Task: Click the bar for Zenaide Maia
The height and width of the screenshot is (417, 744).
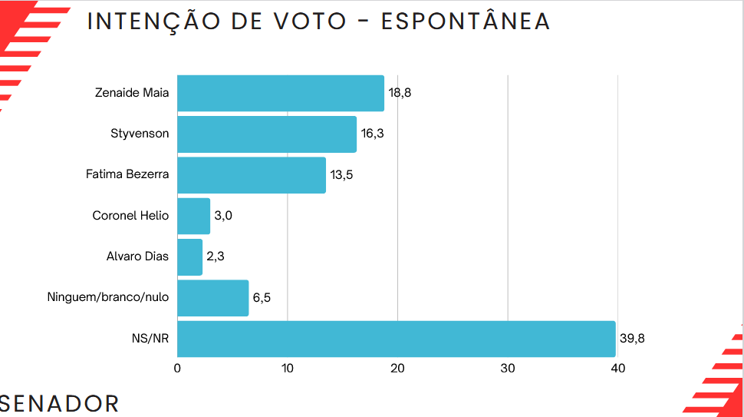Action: pos(280,93)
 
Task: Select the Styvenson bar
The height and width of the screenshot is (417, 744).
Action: pos(267,134)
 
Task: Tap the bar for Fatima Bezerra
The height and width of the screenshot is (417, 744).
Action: pos(252,175)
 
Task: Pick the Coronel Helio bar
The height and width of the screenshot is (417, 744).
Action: pos(193,216)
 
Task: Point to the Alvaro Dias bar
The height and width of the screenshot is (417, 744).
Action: pos(189,257)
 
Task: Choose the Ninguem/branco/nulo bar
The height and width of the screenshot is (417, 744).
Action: pos(213,298)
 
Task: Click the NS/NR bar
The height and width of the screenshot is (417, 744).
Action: pos(396,339)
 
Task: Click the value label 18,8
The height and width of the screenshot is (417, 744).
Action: pos(400,93)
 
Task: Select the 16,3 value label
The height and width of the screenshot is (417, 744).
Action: pos(372,134)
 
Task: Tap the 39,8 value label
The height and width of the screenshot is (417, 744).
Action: pos(631,339)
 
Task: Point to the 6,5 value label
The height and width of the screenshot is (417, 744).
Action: pos(262,298)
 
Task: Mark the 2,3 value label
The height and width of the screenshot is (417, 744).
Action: pos(215,257)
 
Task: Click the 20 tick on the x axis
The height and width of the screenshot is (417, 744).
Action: pos(397,369)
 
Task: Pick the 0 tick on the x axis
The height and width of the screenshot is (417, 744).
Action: pos(177,369)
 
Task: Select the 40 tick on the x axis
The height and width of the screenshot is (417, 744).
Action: pos(617,369)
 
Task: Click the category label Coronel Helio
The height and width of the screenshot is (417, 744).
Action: pos(130,216)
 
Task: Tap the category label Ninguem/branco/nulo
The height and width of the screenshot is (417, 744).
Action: pos(108,298)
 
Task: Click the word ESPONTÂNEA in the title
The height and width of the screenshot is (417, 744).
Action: pos(466,22)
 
